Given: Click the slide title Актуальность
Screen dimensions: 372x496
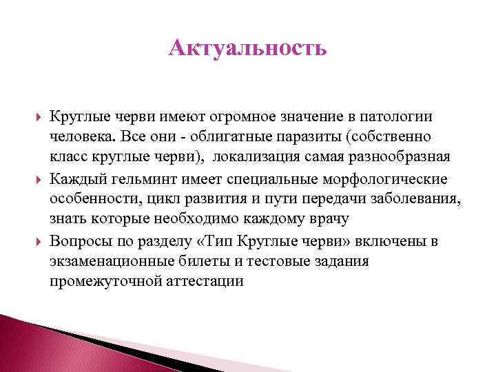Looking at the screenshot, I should click(247, 49).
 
